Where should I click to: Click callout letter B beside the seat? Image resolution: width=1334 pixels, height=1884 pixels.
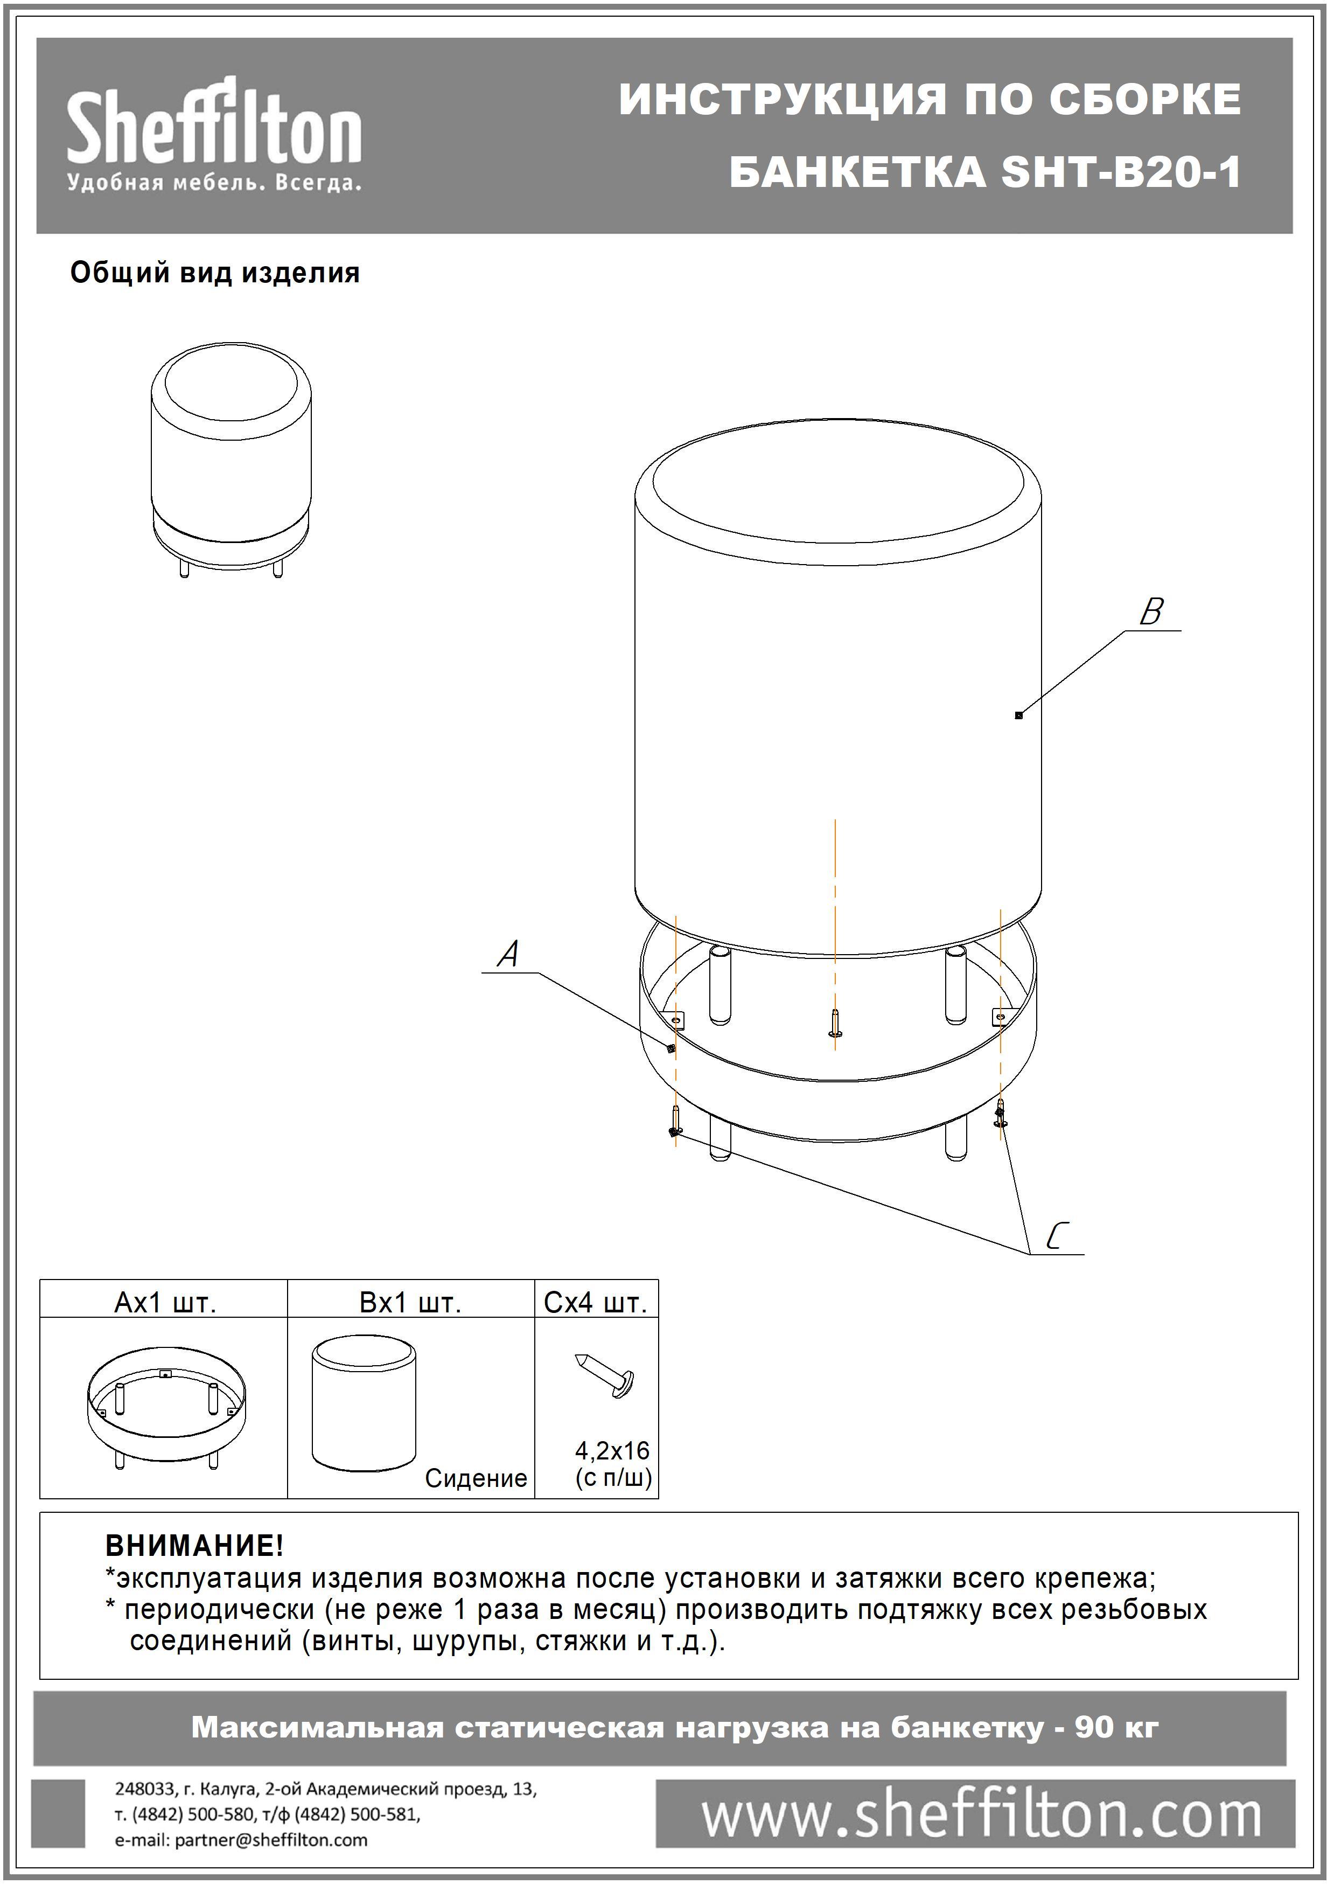(x=1151, y=612)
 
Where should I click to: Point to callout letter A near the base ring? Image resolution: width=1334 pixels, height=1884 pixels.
(x=509, y=954)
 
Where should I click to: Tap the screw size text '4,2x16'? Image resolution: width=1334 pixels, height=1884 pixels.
(x=612, y=1450)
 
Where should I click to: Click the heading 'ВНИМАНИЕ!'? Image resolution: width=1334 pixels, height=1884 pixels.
(x=194, y=1546)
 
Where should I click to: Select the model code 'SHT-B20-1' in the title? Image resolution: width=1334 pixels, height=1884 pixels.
(x=1121, y=172)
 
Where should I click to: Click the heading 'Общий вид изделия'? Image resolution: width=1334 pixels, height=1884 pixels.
(x=215, y=273)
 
